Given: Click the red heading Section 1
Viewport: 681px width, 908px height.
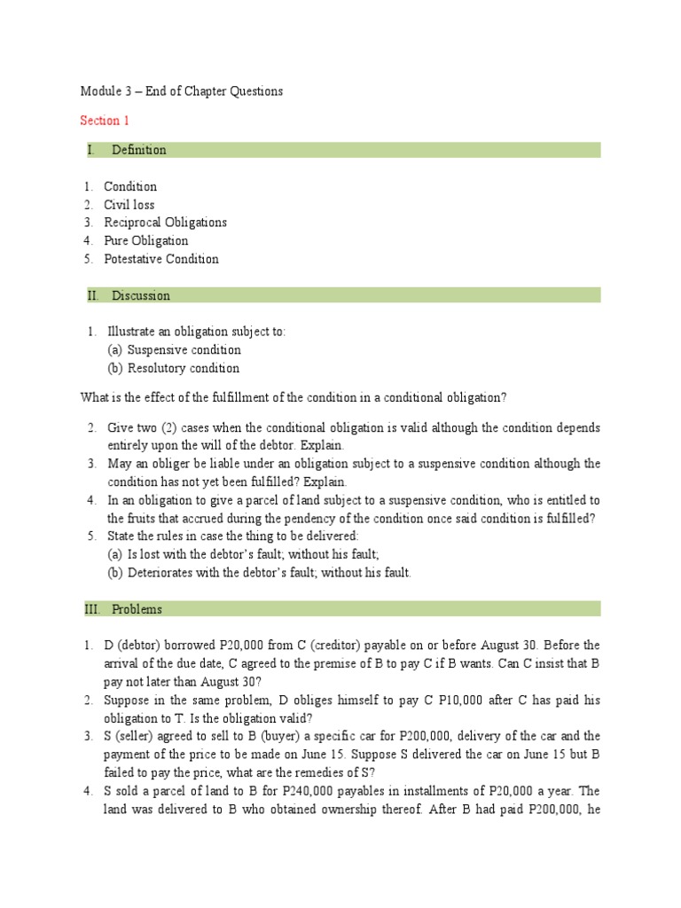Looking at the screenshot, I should coord(105,121).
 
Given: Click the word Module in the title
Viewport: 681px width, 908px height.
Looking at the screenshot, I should coord(99,91).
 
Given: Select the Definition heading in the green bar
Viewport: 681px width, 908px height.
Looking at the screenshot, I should coord(139,150).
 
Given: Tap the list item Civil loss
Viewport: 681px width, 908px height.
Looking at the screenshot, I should coord(129,205).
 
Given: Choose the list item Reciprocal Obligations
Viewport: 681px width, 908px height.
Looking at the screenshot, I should coord(166,223).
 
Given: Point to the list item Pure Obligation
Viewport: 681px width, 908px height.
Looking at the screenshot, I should coord(146,241).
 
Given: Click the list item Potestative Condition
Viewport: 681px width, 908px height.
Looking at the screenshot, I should coord(161,259).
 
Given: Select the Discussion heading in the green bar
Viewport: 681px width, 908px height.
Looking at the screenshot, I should coord(141,295).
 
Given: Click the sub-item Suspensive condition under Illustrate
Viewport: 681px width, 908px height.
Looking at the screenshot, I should coord(184,349).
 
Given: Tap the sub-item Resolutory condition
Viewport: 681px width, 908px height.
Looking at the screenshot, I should coord(184,368).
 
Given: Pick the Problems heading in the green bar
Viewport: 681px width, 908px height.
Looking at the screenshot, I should coord(137,609).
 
